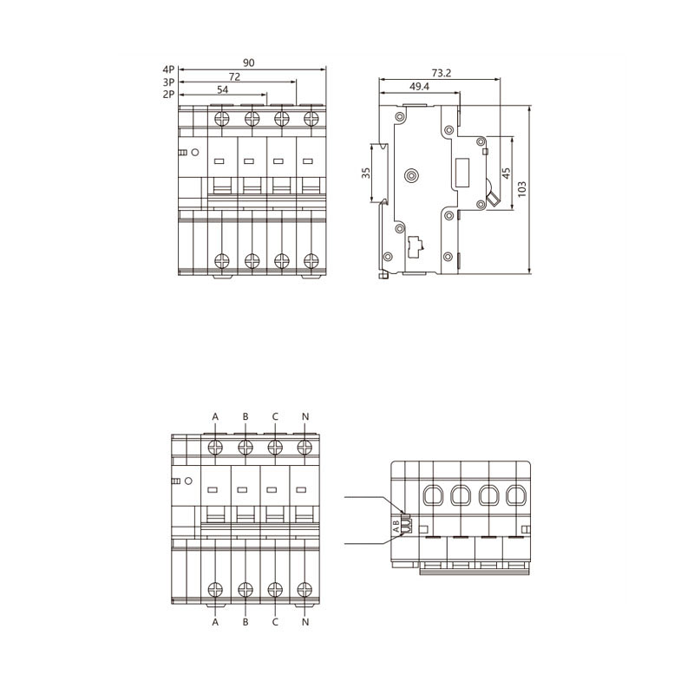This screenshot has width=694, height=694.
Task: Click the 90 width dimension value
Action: point(249,62)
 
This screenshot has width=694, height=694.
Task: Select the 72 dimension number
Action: point(234,76)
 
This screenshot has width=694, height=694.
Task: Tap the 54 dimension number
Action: point(223,89)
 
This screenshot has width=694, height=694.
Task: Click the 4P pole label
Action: point(168,68)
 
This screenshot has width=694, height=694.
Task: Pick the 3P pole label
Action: point(168,82)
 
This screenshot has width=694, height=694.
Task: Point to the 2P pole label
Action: point(168,94)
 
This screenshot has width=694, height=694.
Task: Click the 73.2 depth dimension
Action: point(441,73)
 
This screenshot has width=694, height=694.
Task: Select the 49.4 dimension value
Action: point(419,87)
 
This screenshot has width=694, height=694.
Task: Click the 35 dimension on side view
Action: point(366,173)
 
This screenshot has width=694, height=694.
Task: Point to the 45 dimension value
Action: point(507,173)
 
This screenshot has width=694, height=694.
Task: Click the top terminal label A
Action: point(216,416)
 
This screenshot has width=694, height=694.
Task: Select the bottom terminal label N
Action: point(304,621)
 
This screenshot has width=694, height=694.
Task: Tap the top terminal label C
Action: point(275,416)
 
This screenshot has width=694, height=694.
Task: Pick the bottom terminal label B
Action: point(246,621)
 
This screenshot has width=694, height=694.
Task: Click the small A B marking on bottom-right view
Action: point(396,525)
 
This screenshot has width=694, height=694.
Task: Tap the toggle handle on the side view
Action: point(494,197)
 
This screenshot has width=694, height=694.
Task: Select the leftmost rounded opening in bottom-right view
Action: point(431,496)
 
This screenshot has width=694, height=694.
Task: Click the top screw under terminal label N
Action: point(304,447)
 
